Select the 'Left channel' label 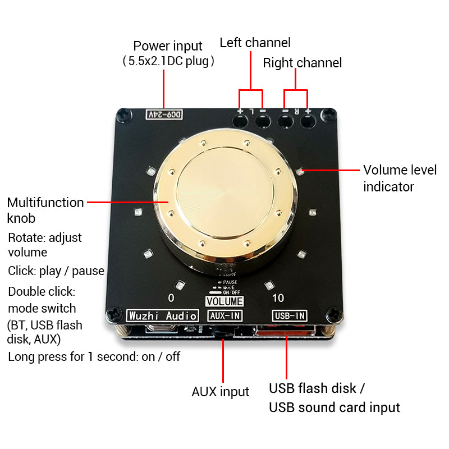255,43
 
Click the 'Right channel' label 302,63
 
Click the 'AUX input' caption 220,392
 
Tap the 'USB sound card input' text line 334,407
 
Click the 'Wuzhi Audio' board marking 163,315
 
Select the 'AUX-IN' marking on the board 224,315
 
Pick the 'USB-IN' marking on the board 290,315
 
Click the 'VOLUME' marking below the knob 224,301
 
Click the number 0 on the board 171,297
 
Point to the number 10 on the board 278,297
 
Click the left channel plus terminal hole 240,120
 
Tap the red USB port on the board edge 287,334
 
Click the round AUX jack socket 224,332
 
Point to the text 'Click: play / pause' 56,271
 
